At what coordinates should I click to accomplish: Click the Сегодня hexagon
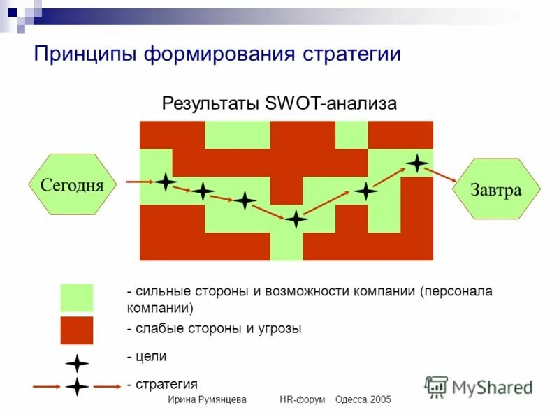(x=72, y=184)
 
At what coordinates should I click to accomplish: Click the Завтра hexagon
(x=496, y=189)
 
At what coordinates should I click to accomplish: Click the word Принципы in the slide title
(x=85, y=54)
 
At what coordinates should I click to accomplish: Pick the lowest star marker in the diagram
(x=296, y=219)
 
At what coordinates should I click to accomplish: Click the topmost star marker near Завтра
(x=417, y=163)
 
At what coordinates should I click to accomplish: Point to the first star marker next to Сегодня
(x=166, y=182)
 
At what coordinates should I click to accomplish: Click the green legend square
(x=76, y=298)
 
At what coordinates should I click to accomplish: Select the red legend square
(x=76, y=330)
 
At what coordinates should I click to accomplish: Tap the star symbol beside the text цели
(x=77, y=363)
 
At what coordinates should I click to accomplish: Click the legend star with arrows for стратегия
(x=77, y=386)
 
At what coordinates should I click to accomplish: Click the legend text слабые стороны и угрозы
(x=217, y=329)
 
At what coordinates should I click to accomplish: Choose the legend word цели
(x=150, y=356)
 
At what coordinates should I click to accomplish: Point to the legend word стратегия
(x=165, y=384)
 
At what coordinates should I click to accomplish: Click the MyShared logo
(x=479, y=387)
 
